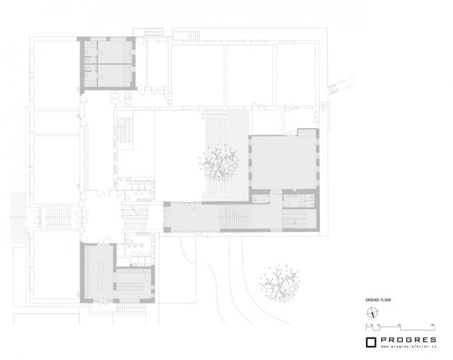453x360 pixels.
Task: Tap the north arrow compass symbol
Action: pos(374,312)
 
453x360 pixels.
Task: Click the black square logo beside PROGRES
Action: pos(371,341)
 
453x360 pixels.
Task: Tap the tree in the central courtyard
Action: pos(221,162)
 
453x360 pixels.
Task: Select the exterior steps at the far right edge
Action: pos(337,87)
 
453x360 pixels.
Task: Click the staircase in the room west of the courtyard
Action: pos(126,132)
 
